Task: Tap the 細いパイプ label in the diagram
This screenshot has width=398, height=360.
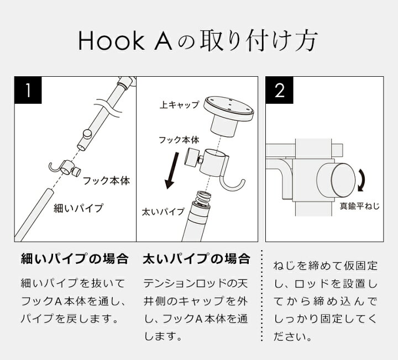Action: pyautogui.click(x=78, y=208)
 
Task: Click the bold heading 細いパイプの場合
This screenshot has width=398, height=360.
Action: pyautogui.click(x=74, y=258)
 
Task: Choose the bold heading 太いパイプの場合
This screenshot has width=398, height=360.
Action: pyautogui.click(x=196, y=258)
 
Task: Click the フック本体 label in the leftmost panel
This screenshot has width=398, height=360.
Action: pyautogui.click(x=106, y=181)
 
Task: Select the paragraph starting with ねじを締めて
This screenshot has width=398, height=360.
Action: pyautogui.click(x=326, y=301)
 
